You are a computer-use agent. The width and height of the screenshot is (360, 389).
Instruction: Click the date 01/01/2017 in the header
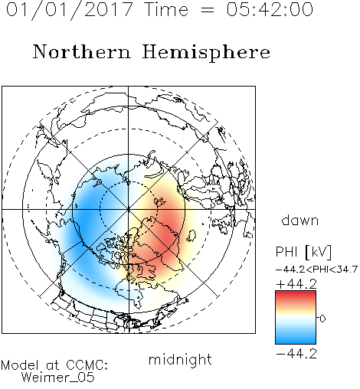[69, 10]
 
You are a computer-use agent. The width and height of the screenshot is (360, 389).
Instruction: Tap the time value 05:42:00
[270, 9]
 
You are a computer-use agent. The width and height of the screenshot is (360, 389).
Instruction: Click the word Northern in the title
[82, 51]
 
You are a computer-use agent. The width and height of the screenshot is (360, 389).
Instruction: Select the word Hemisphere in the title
[206, 53]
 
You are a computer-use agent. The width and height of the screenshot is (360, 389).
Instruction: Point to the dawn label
[300, 220]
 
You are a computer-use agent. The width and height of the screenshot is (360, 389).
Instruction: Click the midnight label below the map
[180, 360]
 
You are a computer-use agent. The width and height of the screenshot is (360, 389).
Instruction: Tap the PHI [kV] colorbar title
[303, 252]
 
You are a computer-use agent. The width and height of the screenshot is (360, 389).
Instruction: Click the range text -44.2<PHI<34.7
[316, 270]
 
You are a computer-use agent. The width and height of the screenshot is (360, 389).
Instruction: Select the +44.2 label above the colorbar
[296, 284]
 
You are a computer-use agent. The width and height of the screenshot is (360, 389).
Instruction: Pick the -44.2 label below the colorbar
[296, 354]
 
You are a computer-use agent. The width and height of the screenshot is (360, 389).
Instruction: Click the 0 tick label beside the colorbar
[322, 319]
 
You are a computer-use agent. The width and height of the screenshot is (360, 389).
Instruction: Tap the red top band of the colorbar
[296, 293]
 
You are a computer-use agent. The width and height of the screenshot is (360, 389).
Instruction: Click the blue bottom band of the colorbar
[296, 341]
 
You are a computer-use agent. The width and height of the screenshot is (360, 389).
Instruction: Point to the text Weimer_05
[58, 378]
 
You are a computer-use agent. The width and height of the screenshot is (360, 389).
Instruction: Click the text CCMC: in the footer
[87, 365]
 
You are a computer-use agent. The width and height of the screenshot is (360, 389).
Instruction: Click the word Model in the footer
[20, 365]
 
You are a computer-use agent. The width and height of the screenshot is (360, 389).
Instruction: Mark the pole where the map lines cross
[129, 210]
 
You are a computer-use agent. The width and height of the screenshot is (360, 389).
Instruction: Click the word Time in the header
[166, 9]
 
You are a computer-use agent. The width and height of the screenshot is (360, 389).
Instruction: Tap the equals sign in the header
[207, 10]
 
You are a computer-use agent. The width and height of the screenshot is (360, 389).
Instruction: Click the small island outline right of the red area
[191, 236]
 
